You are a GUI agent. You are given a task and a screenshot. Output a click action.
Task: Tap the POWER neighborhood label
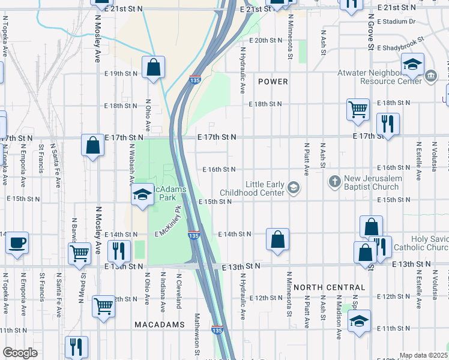(273, 82)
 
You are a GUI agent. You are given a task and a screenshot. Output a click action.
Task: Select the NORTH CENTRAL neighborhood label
(330, 287)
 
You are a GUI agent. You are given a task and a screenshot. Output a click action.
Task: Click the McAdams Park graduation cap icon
(142, 194)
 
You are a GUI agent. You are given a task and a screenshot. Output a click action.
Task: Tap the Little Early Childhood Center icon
(294, 188)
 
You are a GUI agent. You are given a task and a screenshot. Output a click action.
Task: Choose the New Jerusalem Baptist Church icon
(335, 181)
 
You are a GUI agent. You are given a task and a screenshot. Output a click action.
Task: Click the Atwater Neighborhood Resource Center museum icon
(431, 77)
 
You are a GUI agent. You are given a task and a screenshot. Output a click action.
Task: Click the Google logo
(20, 353)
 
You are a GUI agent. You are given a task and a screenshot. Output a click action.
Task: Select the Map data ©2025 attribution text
(423, 355)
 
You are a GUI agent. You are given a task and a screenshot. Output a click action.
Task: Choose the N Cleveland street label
(178, 292)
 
